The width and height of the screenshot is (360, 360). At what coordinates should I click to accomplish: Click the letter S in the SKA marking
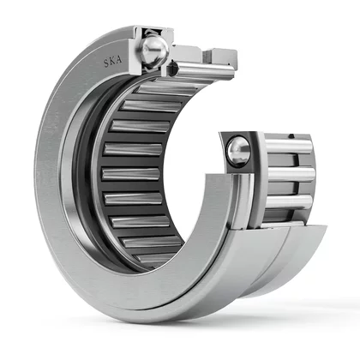pos(106,63)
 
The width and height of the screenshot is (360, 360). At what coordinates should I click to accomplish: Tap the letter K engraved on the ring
pos(113,61)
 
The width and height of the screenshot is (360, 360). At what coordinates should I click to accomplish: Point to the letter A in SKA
pos(119,60)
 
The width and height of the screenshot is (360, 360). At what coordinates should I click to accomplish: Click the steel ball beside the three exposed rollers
pos(238,151)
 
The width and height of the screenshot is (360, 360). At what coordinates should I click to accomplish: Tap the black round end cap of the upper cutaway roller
pos(172,69)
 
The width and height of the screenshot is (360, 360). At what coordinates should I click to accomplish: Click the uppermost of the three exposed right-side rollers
pos(289,147)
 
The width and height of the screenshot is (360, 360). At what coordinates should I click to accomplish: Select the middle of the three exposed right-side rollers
pos(291,174)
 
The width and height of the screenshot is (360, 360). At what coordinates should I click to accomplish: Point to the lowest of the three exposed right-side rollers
pos(289,201)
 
